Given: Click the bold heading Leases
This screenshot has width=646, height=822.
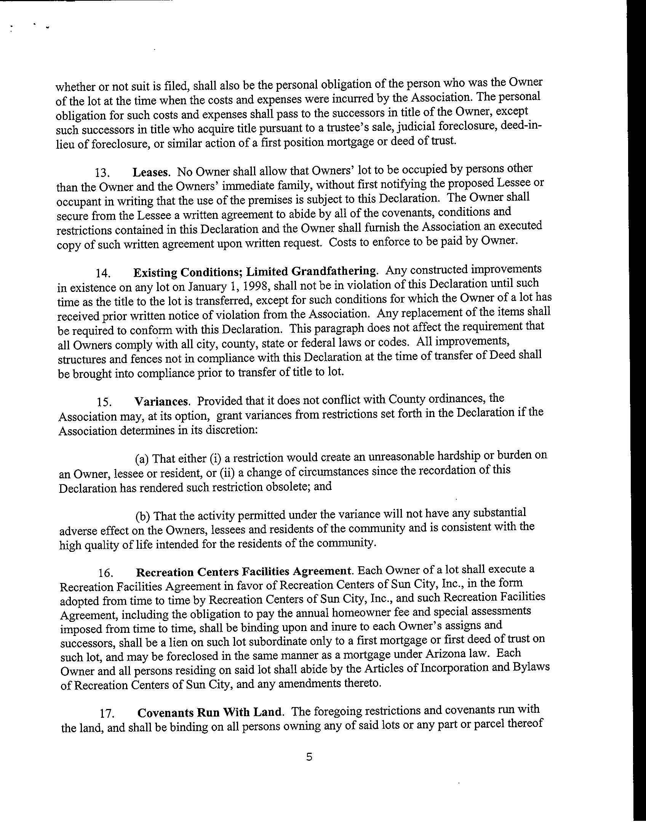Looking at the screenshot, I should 150,172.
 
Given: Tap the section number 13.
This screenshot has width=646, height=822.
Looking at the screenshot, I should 102,173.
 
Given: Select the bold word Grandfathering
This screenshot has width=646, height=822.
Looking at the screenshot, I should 334,271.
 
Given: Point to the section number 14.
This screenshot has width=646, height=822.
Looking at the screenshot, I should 103,273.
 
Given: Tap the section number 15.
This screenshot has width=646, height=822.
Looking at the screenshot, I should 104,403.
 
